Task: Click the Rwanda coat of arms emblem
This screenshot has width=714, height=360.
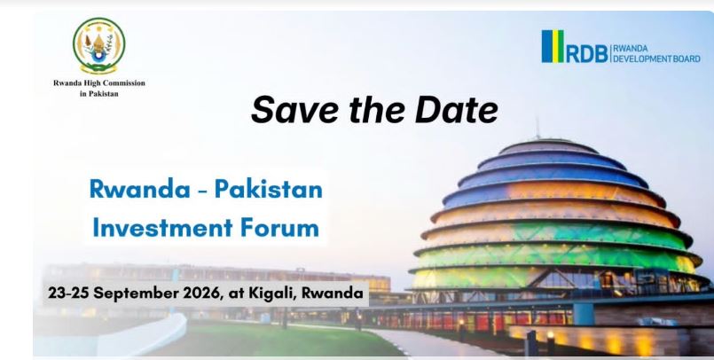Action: (x=98, y=45)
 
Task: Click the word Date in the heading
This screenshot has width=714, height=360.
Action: (x=456, y=110)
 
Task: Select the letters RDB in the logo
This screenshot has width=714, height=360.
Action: (x=587, y=54)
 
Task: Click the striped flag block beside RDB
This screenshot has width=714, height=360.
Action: (x=553, y=46)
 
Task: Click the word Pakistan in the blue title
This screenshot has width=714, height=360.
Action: (x=268, y=189)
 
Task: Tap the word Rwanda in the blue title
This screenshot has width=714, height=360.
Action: (x=140, y=189)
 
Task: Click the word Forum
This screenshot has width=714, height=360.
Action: (x=279, y=228)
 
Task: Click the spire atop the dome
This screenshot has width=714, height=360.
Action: (x=537, y=127)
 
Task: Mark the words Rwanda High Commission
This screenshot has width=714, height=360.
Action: (x=98, y=82)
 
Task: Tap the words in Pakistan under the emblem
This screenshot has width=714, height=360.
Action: (x=98, y=94)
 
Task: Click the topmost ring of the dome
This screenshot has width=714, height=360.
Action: (x=548, y=146)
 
